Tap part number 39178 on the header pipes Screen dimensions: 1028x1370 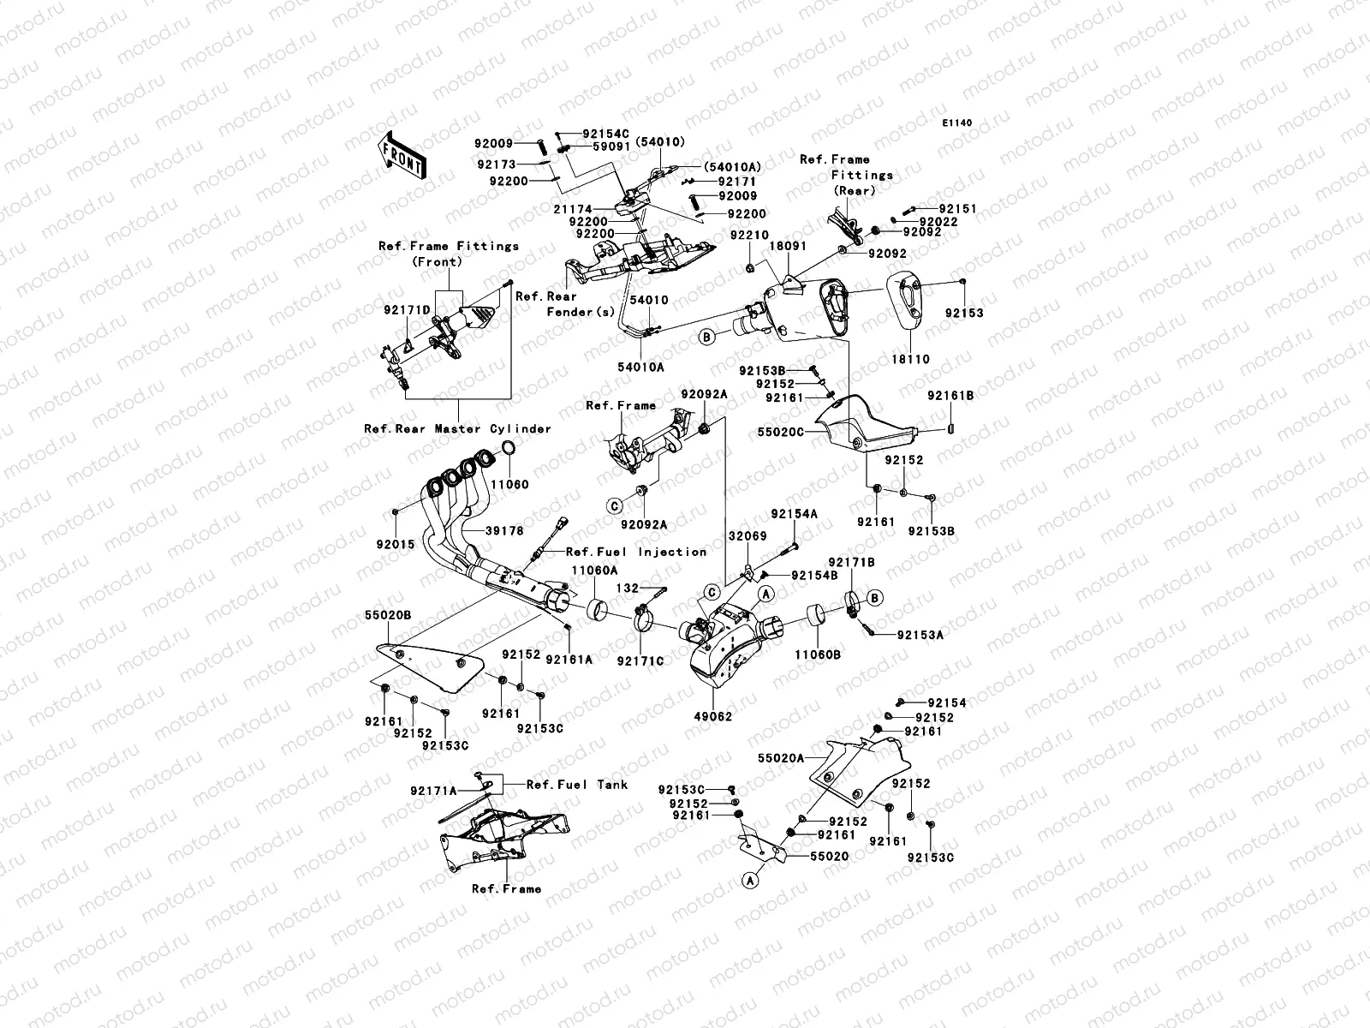tap(505, 531)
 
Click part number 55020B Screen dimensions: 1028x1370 tap(388, 615)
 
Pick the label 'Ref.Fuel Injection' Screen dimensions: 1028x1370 tap(635, 552)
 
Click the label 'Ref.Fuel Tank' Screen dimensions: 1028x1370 tap(576, 784)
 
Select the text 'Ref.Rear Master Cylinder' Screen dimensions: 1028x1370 tap(457, 428)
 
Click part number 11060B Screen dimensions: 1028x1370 tap(817, 654)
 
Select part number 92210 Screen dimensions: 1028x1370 tap(749, 234)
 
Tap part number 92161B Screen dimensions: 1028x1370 tap(950, 396)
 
